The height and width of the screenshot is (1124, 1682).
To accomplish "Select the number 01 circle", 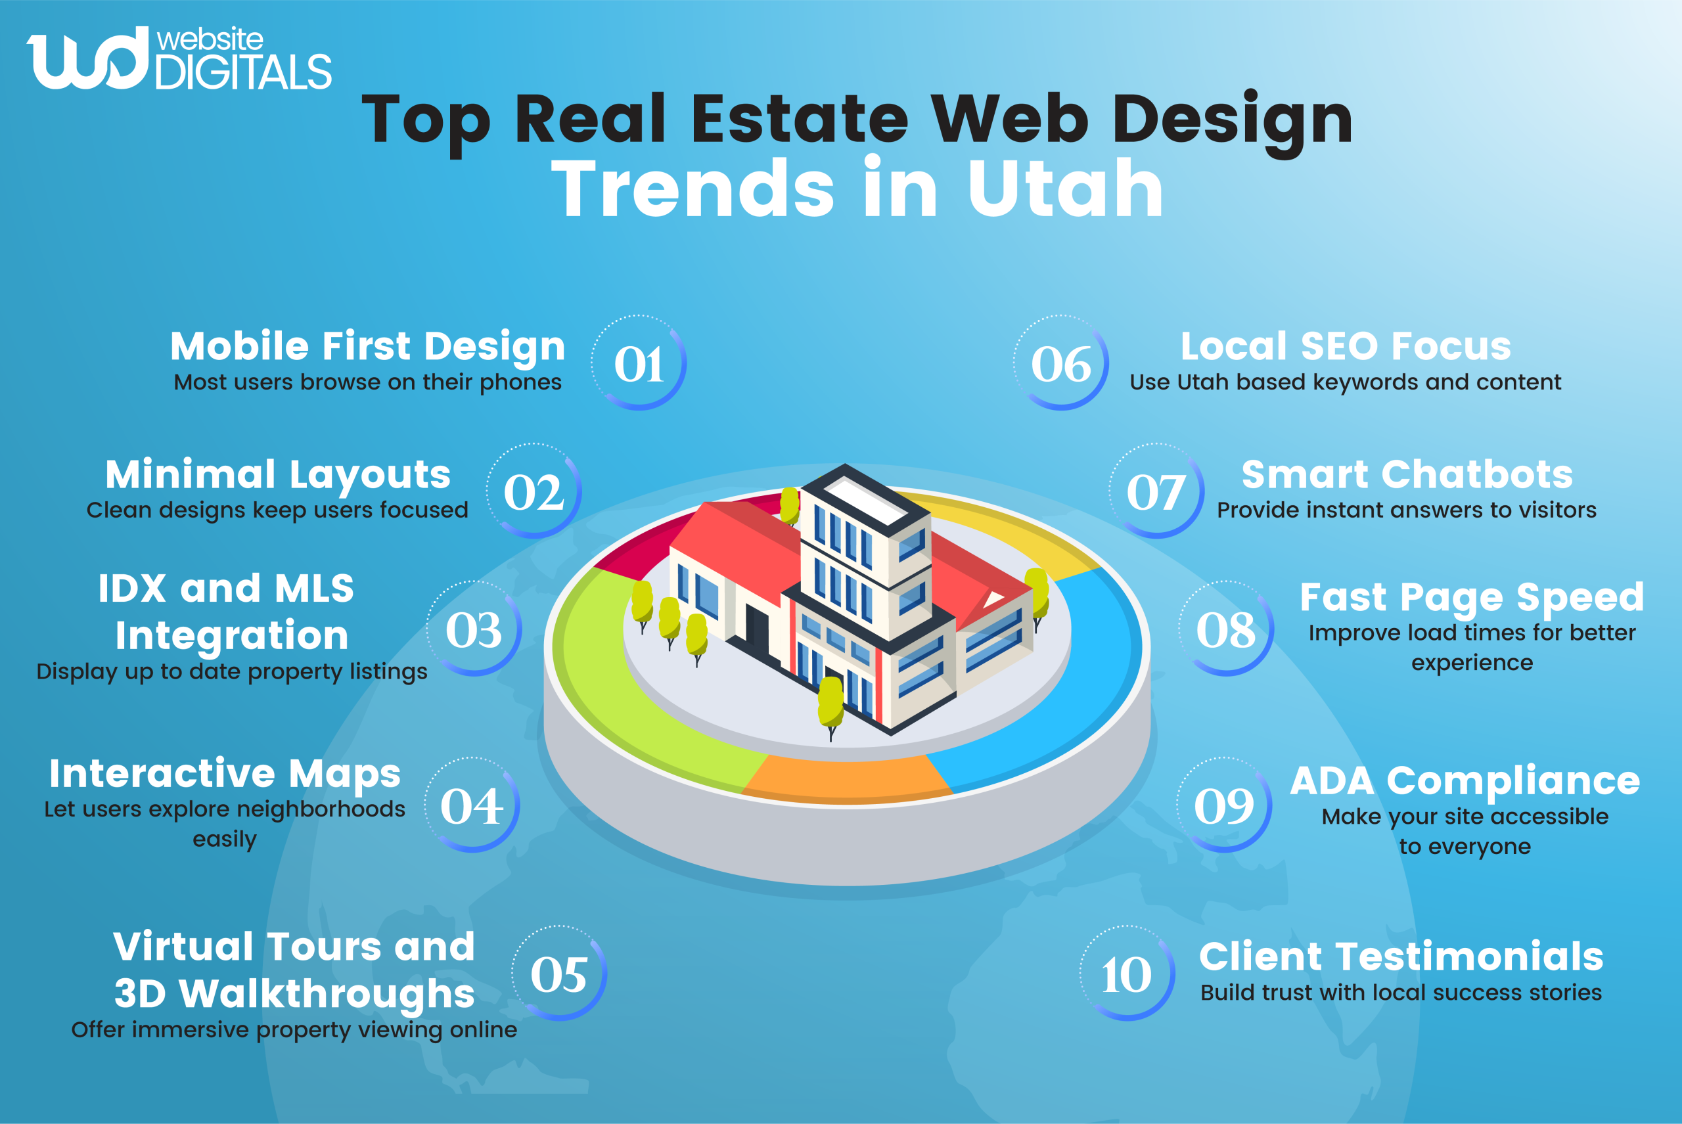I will point(639,363).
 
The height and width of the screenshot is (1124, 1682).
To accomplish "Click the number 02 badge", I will point(534,492).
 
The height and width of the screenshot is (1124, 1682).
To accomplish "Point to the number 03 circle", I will point(474,629).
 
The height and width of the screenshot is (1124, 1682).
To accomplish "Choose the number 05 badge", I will point(559,974).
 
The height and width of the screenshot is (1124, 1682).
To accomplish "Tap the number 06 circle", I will point(1061,363).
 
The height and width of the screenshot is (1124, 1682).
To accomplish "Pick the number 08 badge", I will point(1226,629).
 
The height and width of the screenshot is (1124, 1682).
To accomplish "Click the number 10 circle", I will point(1127,974).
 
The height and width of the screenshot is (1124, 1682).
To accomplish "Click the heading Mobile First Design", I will point(368,346).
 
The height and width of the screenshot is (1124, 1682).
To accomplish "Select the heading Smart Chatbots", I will point(1407,474).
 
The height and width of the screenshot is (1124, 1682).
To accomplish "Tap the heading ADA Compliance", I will point(1465,780).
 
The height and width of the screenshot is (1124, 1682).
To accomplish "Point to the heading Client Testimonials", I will point(1401,956).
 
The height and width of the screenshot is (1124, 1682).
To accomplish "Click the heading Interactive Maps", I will point(225,773).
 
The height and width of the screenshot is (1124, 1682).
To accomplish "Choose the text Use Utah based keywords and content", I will point(1345,382).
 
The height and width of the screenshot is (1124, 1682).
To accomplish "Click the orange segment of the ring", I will point(846,778).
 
